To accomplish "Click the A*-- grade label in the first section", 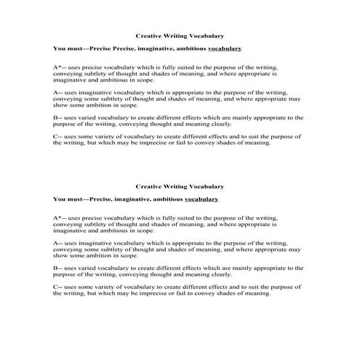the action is [x=60, y=67].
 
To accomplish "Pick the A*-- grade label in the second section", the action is [x=60, y=217].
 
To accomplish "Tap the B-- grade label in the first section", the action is [x=58, y=116].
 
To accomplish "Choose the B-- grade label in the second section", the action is [x=58, y=268].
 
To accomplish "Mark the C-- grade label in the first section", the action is [x=58, y=137].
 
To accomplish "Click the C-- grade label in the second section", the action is [x=58, y=287].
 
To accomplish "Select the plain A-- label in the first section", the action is [x=58, y=93].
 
